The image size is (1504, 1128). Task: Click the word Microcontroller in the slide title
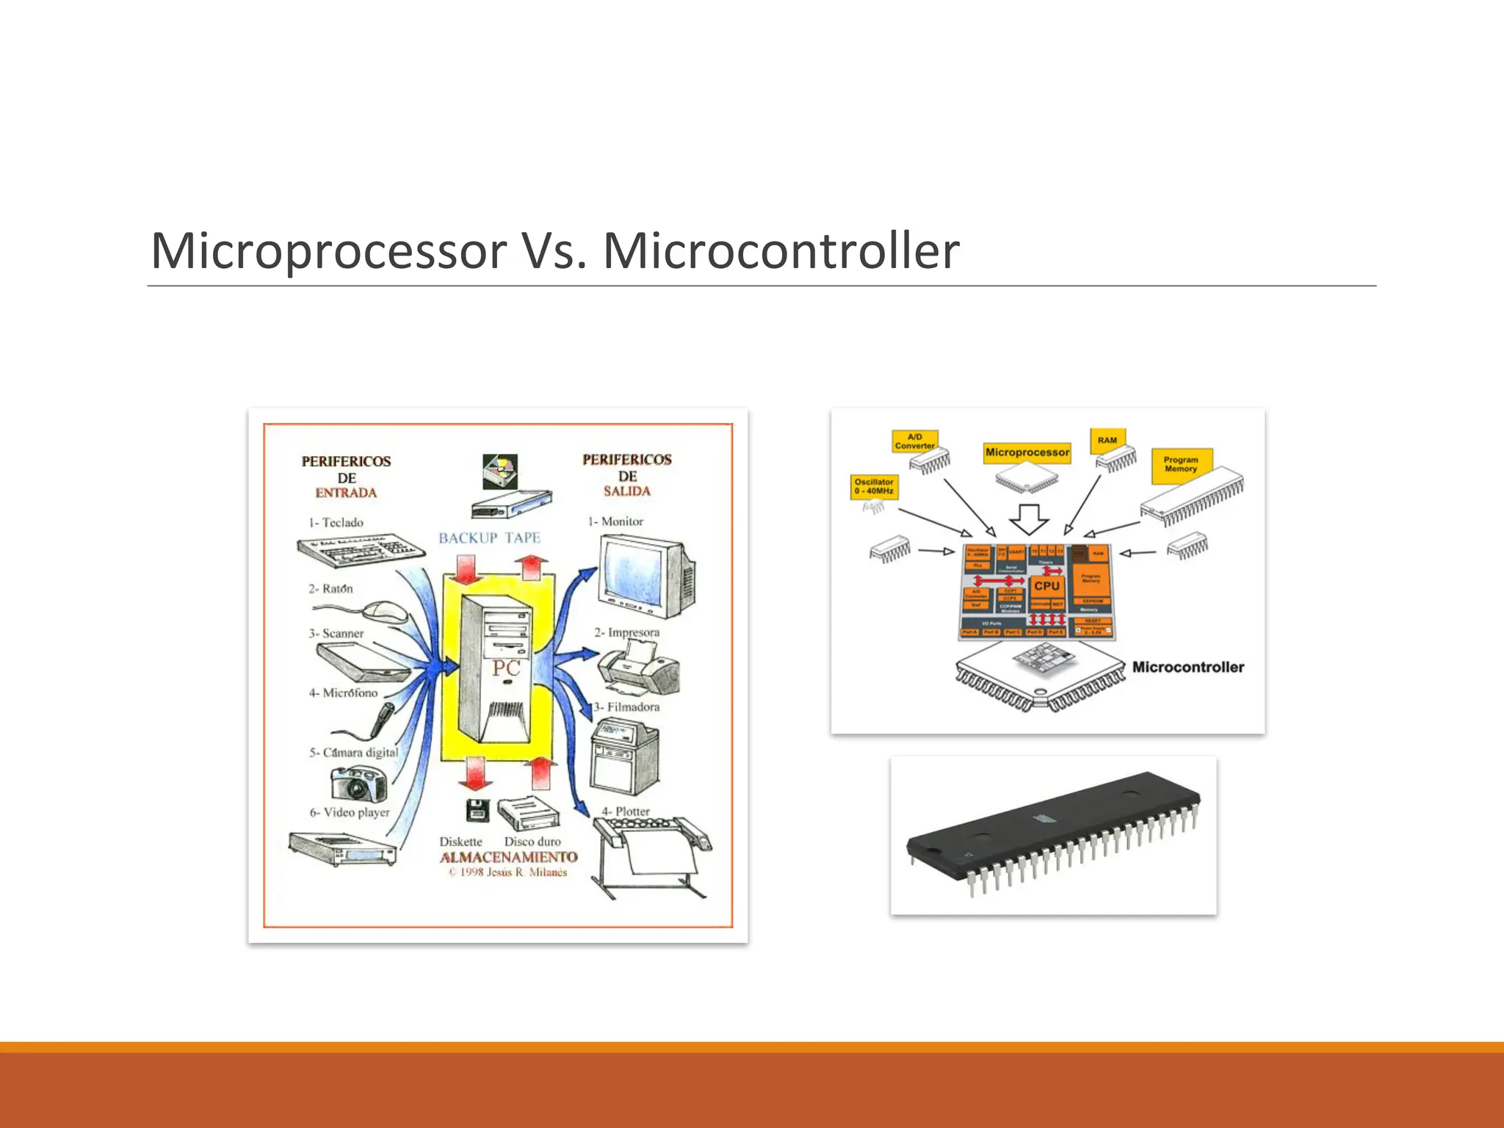pos(781,251)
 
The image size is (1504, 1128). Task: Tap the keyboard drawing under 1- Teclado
pos(353,550)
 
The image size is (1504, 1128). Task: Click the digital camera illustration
pos(358,784)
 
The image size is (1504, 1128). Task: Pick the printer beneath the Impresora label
pos(637,668)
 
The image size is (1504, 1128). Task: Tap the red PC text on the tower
pos(506,668)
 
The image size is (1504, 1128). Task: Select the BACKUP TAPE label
pos(489,538)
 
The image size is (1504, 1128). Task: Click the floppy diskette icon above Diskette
pos(477,810)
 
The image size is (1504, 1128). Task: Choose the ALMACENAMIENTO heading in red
pos(508,857)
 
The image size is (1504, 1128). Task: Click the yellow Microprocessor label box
pos(1027,452)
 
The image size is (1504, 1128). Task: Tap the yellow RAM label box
pos(1107,440)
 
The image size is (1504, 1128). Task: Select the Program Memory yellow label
pos(1180,465)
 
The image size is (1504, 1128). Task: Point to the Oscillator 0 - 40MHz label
pos(874,486)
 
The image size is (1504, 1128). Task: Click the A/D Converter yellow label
pos(914,441)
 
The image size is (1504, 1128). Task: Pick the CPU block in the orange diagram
pos(1046,586)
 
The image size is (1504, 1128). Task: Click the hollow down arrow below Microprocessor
pos(1028,518)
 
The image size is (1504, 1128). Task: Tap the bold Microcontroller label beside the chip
pos(1187,667)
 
